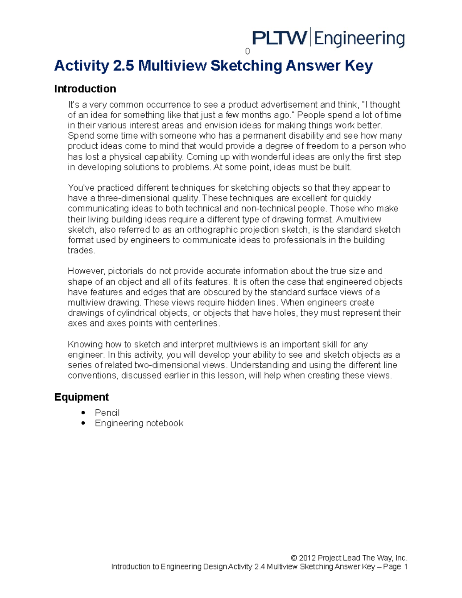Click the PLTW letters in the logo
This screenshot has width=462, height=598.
coord(279,39)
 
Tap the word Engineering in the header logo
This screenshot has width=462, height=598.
coord(360,39)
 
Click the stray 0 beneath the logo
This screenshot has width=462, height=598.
coord(248,52)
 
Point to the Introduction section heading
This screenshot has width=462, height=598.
coord(85,89)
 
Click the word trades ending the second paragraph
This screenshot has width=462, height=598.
coord(80,251)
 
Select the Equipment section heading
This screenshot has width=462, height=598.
coord(81,397)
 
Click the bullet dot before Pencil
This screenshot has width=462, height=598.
coord(83,413)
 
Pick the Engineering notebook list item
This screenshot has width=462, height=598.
coord(139,423)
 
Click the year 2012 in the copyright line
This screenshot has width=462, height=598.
coord(307,558)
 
